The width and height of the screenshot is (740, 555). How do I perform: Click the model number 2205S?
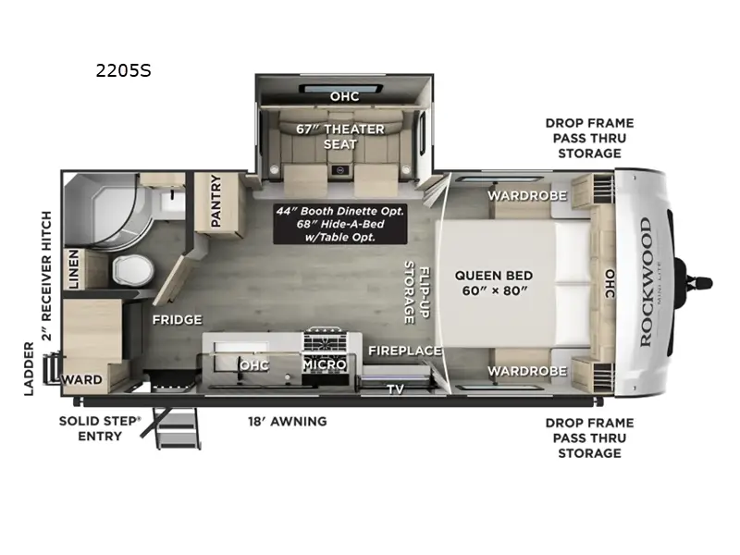pyautogui.click(x=124, y=68)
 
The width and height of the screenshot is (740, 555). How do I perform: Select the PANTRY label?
pyautogui.click(x=216, y=199)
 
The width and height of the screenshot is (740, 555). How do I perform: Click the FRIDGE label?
pyautogui.click(x=177, y=320)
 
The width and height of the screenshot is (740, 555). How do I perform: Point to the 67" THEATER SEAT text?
pyautogui.click(x=339, y=136)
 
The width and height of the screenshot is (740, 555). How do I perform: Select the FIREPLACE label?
pyautogui.click(x=404, y=351)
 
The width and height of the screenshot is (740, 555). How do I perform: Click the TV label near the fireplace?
pyautogui.click(x=395, y=389)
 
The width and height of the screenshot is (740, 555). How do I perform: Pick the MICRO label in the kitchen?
pyautogui.click(x=324, y=364)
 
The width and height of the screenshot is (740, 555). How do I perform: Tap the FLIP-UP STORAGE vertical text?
pyautogui.click(x=415, y=292)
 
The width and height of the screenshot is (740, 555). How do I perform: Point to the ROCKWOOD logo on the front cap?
pyautogui.click(x=645, y=282)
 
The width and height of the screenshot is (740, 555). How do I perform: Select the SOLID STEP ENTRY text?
pyautogui.click(x=100, y=428)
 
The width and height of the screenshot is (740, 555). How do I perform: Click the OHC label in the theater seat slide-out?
pyautogui.click(x=344, y=96)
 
